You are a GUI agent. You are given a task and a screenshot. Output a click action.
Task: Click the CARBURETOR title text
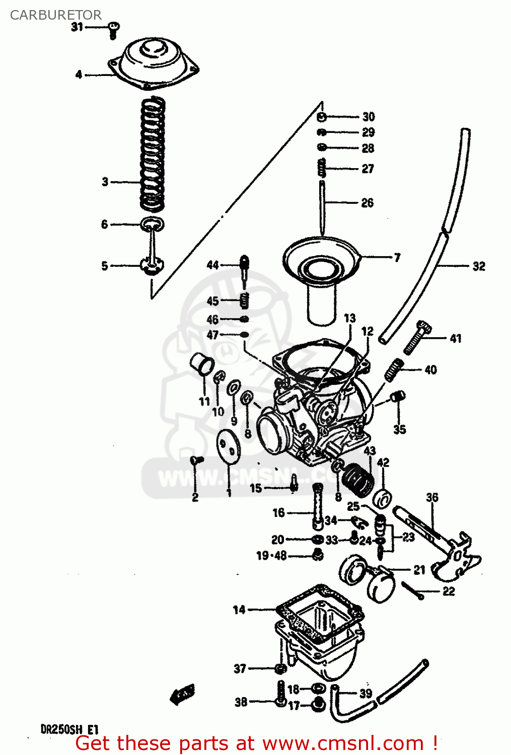point(55,15)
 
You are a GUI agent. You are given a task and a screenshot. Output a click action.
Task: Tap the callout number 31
point(77,27)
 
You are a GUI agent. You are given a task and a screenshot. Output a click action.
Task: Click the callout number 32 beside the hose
point(479,266)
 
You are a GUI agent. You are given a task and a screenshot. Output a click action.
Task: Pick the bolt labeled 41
point(418,337)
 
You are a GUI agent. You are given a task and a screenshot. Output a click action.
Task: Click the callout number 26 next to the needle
point(368,203)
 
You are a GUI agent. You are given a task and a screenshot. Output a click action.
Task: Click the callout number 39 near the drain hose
point(366,693)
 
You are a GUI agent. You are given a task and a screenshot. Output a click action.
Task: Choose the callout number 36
point(432,498)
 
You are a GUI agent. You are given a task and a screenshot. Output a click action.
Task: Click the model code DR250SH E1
point(69,729)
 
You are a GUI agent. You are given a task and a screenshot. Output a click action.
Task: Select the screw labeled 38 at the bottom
point(280,695)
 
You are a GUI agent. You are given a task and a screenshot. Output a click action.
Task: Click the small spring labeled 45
point(244,300)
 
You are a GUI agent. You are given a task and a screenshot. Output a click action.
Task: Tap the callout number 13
point(349,318)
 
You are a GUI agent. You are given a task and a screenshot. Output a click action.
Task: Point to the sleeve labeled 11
point(202,365)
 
